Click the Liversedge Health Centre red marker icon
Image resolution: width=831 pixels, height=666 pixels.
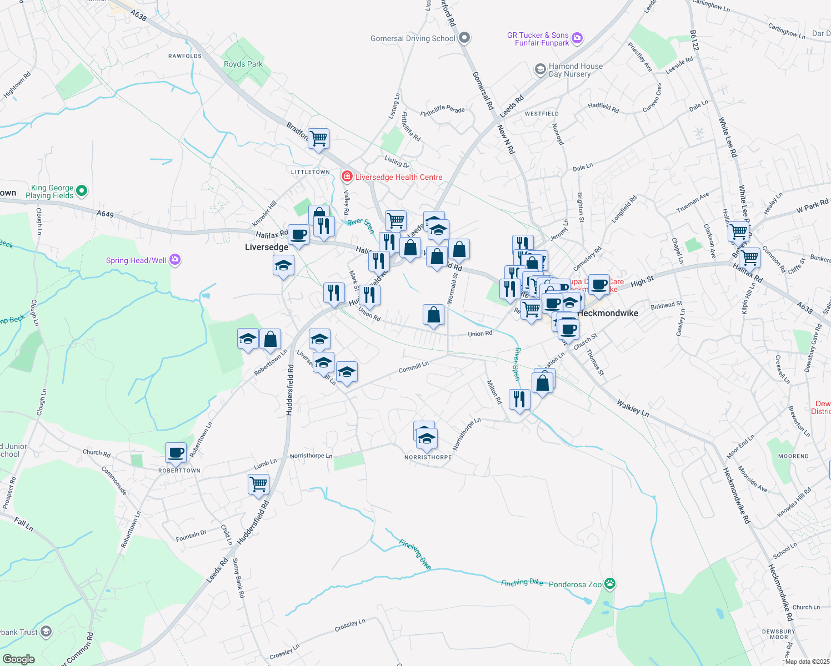point(347,177)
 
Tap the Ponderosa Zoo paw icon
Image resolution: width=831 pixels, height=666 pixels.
point(610,584)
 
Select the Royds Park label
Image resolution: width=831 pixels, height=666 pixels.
point(243,64)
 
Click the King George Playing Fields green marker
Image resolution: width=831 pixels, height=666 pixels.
point(82,191)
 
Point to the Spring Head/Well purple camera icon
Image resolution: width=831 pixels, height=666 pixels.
point(175,260)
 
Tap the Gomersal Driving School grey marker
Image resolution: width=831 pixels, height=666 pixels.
point(465,38)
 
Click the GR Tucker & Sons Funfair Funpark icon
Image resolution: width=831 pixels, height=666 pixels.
point(577,38)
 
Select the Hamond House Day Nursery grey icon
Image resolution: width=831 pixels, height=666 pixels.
point(540,69)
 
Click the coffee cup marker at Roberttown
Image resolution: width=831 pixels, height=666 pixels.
point(176,453)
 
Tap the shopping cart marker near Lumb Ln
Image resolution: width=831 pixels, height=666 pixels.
point(259,484)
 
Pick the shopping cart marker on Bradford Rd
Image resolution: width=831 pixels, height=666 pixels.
point(319,138)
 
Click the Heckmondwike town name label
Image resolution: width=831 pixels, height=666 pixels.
point(608,313)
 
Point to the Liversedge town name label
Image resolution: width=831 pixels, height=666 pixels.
point(267,247)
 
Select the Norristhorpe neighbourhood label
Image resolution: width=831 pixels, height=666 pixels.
point(428,457)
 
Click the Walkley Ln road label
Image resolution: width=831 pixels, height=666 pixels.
point(632,409)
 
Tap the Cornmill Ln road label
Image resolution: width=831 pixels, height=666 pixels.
point(414,367)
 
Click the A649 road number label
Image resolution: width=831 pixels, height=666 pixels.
point(105,214)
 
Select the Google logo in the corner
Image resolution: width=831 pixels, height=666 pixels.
point(18,659)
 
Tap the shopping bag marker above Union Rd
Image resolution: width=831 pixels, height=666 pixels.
point(433,315)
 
